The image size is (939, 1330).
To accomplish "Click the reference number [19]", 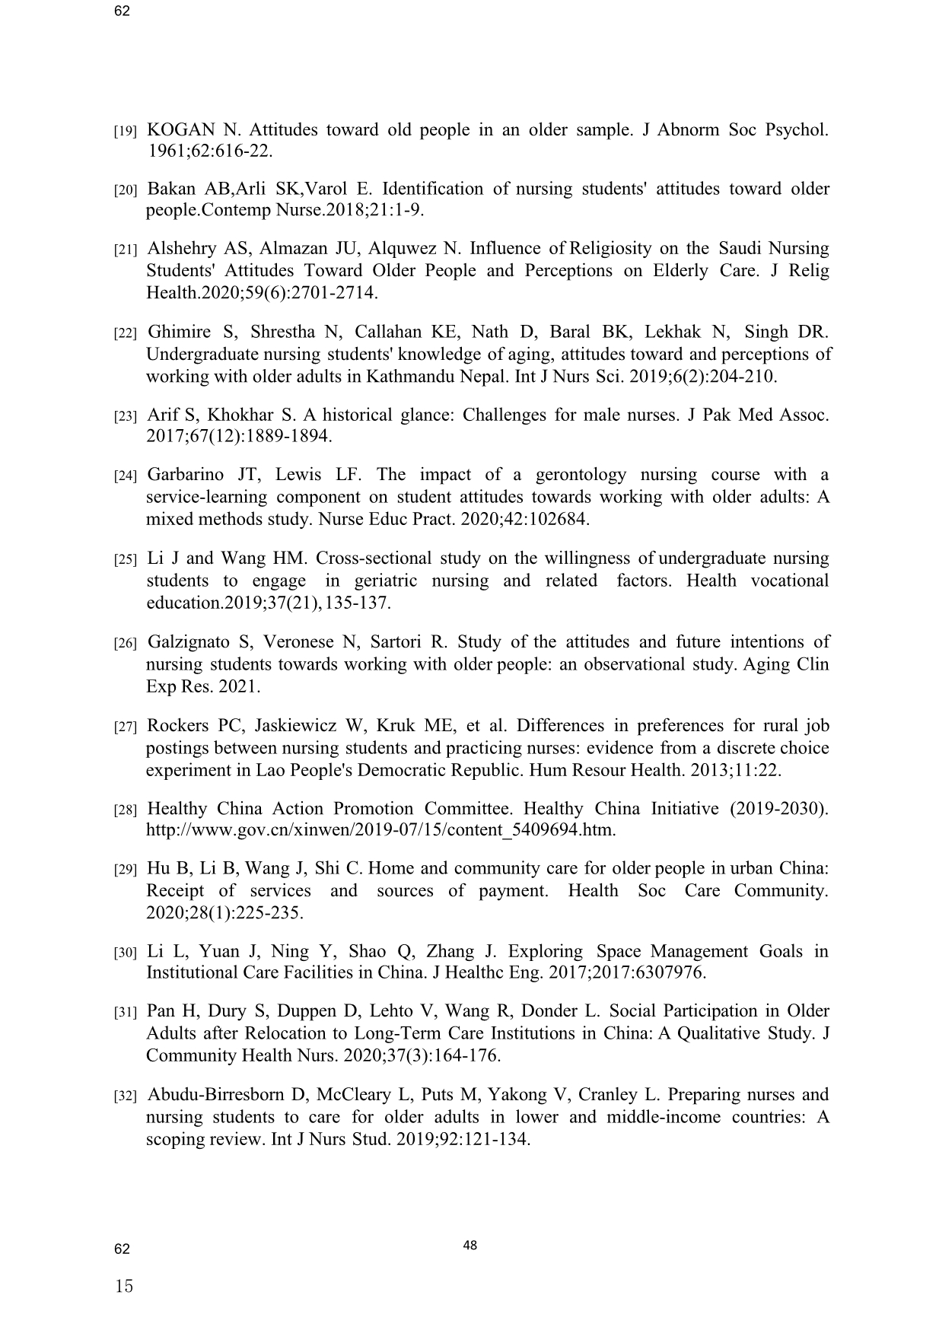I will point(125,131).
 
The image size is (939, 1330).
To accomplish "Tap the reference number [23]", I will point(125,416).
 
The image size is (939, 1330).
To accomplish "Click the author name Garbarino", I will point(186,475).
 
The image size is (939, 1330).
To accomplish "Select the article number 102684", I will point(556,520).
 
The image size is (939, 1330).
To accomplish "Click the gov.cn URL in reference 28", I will point(380,829).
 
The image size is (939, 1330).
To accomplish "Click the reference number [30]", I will point(125,953).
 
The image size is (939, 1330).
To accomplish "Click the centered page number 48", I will point(469,1246).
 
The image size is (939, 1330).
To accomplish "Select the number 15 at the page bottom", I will point(124,1286).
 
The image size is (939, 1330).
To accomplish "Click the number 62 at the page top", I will point(122,11).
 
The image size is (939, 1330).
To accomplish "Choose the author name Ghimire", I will point(179,332).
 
